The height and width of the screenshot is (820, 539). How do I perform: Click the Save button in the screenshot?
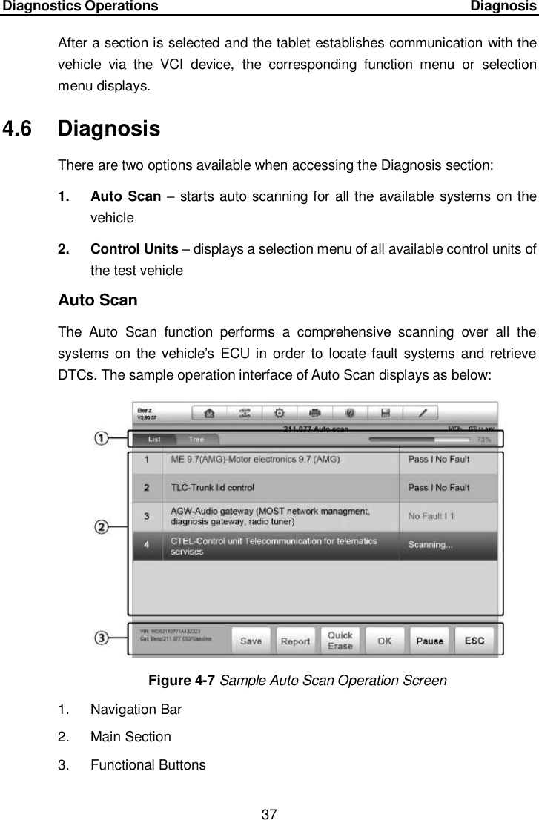pos(251,641)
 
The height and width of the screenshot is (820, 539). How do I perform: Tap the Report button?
pos(295,641)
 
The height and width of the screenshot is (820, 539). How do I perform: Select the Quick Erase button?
pos(340,641)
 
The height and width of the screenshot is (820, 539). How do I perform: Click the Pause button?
pos(430,641)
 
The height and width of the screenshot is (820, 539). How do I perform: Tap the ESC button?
pos(474,641)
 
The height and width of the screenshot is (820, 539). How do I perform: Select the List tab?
pos(155,440)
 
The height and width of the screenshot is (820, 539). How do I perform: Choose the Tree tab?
pos(196,440)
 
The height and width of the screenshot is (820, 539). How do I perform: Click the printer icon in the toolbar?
pos(314,413)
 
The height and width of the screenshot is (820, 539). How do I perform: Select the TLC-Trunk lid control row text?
pos(212,487)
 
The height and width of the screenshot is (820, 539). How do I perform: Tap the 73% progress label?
pos(485,440)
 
